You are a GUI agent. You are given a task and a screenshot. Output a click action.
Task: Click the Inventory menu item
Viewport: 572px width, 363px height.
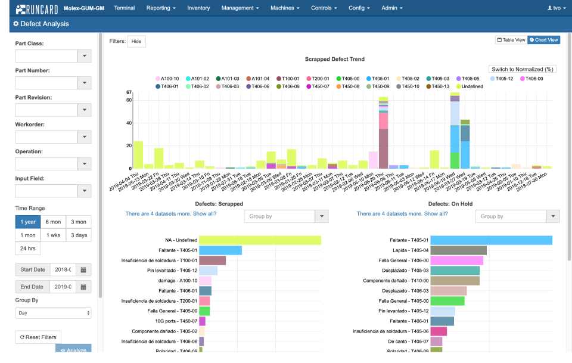click(198, 8)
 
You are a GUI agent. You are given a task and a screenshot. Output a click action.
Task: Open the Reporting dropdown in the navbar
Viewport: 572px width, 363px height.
click(161, 8)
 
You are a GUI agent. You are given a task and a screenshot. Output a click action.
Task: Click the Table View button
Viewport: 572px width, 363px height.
click(511, 40)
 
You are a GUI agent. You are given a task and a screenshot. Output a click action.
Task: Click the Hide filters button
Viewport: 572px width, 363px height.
click(136, 41)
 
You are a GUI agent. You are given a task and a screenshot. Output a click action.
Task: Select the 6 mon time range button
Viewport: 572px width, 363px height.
click(53, 222)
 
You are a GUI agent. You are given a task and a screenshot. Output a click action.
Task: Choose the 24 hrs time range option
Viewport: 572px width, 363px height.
click(27, 249)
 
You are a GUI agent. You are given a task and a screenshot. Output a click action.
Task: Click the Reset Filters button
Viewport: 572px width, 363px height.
click(38, 337)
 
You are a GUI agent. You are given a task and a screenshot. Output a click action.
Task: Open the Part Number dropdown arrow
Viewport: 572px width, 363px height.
click(85, 83)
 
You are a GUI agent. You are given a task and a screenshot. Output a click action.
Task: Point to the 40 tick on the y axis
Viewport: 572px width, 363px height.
click(128, 123)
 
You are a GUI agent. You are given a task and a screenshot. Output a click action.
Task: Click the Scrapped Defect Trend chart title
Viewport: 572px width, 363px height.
click(334, 60)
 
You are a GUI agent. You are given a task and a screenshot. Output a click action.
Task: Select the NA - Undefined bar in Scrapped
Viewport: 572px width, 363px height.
click(260, 240)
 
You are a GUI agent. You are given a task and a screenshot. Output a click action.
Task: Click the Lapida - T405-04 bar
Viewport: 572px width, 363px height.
click(458, 250)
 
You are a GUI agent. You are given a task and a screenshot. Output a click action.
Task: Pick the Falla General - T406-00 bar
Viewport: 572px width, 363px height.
click(456, 260)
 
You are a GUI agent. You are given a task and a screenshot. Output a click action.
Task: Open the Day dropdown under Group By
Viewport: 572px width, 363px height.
click(53, 312)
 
